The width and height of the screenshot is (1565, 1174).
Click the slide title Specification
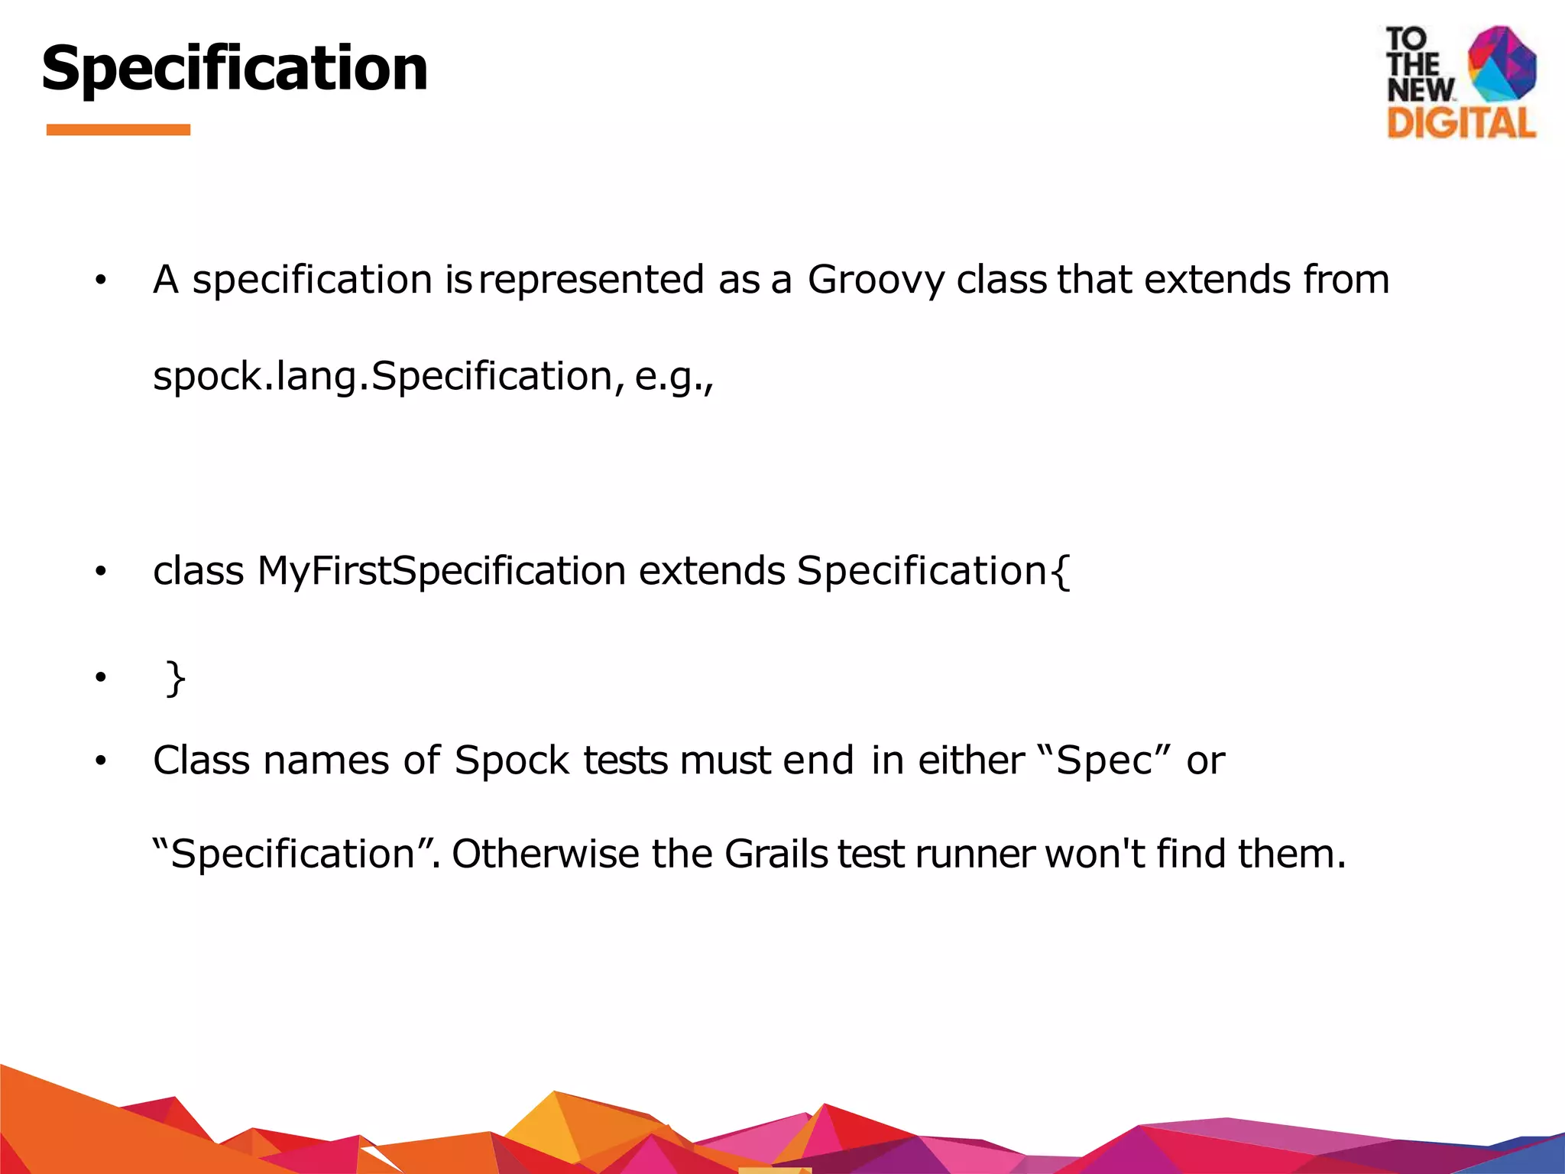[234, 69]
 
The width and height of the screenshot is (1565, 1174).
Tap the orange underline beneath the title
[118, 130]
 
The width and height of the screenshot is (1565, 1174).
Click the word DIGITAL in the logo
[1461, 123]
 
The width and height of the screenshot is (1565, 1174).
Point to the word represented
[591, 280]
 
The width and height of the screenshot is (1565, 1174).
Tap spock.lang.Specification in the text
[383, 376]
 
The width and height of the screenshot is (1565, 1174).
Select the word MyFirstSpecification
[441, 571]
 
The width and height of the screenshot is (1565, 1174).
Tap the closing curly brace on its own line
[176, 678]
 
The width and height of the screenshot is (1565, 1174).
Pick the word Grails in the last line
[776, 854]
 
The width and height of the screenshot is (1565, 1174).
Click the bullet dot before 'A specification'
[100, 281]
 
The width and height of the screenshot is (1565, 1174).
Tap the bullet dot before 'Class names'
[100, 761]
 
